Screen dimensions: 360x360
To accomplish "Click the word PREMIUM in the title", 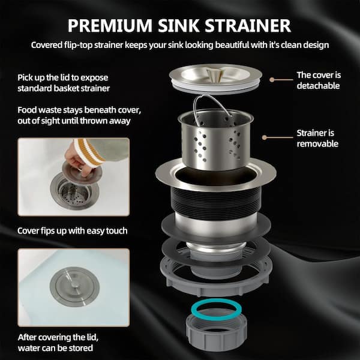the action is point(110,25).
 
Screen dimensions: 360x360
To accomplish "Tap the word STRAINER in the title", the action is point(248,25).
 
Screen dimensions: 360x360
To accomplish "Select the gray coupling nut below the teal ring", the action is point(216,337).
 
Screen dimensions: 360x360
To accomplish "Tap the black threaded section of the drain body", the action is point(216,202).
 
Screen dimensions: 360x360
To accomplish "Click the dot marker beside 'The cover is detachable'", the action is point(272,80).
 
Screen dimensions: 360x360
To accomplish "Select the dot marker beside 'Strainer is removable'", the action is point(265,137).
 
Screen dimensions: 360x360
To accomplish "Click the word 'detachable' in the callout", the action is point(318,86).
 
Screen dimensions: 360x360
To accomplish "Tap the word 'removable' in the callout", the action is point(317,144).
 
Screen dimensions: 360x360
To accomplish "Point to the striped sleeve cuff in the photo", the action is point(89,152).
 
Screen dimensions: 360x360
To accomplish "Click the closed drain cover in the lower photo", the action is point(74,287).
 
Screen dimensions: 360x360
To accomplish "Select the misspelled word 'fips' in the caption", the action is point(47,231).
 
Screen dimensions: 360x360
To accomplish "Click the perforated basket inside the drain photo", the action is point(74,193).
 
